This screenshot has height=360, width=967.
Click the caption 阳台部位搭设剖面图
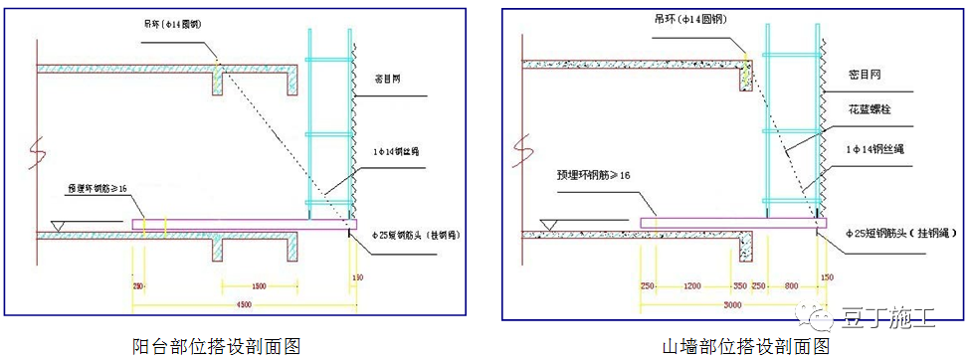(x=217, y=346)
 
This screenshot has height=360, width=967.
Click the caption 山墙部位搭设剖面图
(x=746, y=346)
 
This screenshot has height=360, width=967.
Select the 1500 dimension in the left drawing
(x=258, y=286)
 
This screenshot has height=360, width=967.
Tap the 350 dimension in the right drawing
(x=739, y=285)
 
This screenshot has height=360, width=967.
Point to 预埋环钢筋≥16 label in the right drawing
(x=594, y=175)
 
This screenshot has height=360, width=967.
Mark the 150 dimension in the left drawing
(x=356, y=275)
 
